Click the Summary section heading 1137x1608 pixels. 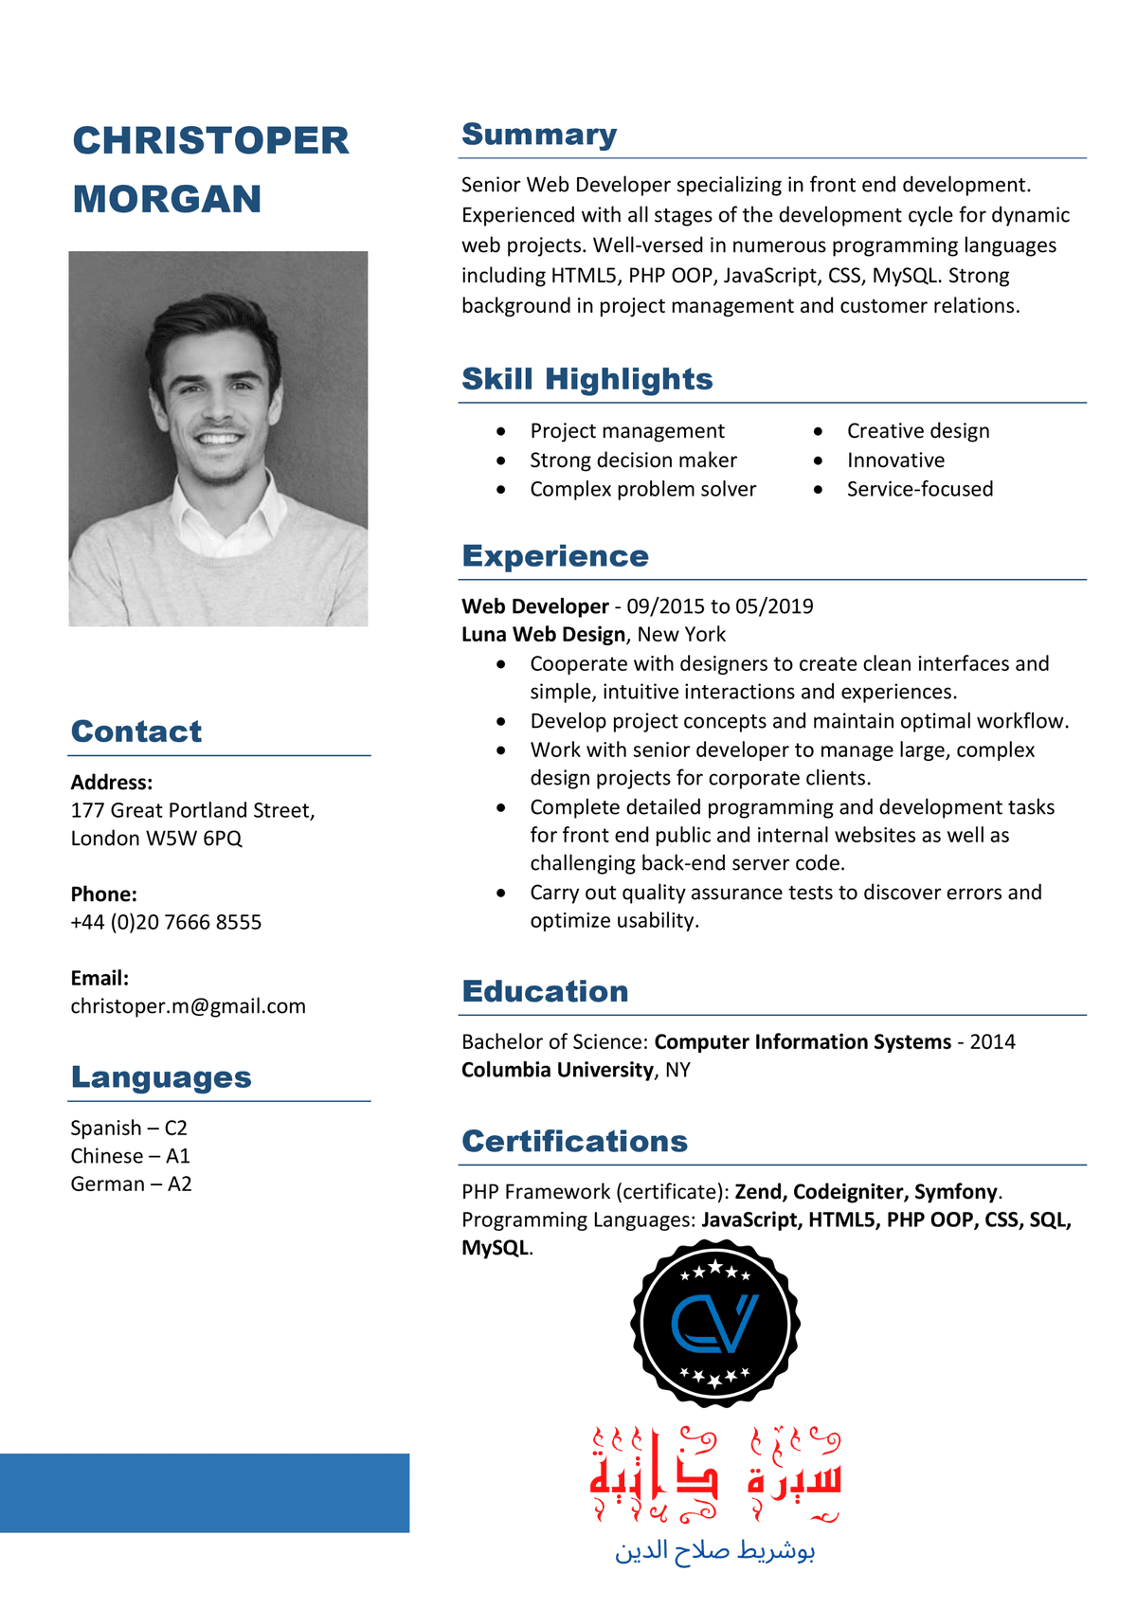[x=538, y=135]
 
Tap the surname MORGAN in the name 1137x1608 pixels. [x=167, y=199]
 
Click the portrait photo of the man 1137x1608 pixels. [x=218, y=438]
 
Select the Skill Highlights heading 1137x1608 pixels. [x=587, y=379]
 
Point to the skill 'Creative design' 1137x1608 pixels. [x=917, y=431]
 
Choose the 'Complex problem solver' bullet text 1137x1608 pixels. [x=642, y=489]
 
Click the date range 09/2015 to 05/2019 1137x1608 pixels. [x=719, y=606]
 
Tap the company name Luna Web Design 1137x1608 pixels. [x=543, y=634]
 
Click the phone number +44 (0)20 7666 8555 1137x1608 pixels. [x=166, y=922]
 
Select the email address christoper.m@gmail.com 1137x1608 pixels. [x=188, y=1006]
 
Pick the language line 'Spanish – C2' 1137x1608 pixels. [x=129, y=1128]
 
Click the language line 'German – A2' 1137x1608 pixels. [x=131, y=1183]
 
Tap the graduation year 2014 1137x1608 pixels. [x=992, y=1041]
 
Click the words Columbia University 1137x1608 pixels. [x=557, y=1070]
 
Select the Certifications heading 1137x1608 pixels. [x=574, y=1141]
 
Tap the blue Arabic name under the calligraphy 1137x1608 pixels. [x=714, y=1550]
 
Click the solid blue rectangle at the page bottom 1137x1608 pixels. [x=205, y=1492]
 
